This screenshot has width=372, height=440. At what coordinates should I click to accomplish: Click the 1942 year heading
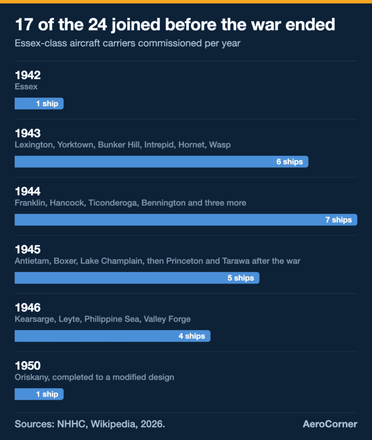pyautogui.click(x=28, y=75)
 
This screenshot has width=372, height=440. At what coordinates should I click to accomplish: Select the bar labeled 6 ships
pyautogui.click(x=162, y=162)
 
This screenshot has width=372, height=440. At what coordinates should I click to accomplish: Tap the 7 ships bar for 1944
pyautogui.click(x=186, y=220)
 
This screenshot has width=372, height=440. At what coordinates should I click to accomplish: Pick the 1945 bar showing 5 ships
pyautogui.click(x=137, y=278)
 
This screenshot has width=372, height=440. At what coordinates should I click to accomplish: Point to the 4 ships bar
pyautogui.click(x=113, y=336)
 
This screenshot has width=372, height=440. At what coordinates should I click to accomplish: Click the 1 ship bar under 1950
pyautogui.click(x=39, y=394)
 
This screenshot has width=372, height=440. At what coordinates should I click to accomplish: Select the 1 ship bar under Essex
pyautogui.click(x=39, y=104)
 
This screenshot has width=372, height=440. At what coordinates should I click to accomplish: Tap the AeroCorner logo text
pyautogui.click(x=330, y=424)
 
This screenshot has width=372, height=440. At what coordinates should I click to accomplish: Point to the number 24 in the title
pyautogui.click(x=97, y=24)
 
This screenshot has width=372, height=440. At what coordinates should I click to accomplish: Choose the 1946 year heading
pyautogui.click(x=28, y=308)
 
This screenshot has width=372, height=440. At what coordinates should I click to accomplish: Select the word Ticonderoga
pyautogui.click(x=113, y=203)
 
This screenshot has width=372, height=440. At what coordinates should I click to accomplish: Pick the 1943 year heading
pyautogui.click(x=28, y=133)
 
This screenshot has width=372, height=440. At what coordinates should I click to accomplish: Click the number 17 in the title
pyautogui.click(x=24, y=24)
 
